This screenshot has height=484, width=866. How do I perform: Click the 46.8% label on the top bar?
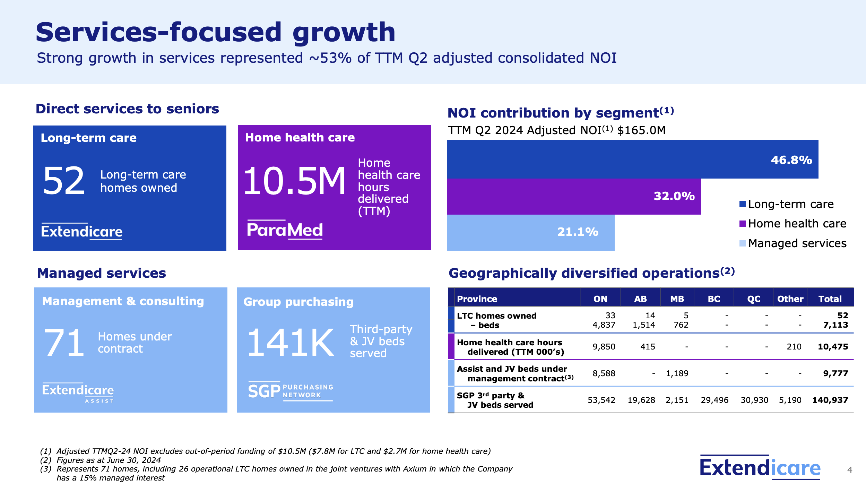click(791, 160)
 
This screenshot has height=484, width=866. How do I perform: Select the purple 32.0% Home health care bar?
click(574, 197)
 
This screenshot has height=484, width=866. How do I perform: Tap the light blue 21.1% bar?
click(530, 232)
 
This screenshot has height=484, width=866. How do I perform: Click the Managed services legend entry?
click(797, 243)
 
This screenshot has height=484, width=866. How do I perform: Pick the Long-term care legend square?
click(743, 204)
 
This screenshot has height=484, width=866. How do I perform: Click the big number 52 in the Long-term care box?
click(64, 181)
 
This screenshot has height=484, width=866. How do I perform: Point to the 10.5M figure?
click(295, 181)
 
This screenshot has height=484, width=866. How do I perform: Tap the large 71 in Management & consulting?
click(64, 343)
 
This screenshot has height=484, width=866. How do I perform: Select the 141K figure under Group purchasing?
click(291, 343)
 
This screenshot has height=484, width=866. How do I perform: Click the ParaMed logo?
click(285, 230)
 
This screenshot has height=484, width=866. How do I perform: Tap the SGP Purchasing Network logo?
click(291, 391)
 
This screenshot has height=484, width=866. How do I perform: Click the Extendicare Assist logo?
click(78, 392)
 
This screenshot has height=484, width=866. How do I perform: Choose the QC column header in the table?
click(754, 299)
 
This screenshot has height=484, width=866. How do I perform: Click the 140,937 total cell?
click(830, 400)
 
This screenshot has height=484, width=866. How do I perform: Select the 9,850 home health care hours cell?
click(604, 347)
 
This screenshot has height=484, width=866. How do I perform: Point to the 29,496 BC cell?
click(715, 400)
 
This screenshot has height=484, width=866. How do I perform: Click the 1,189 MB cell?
click(677, 373)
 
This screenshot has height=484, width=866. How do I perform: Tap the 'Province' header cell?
click(477, 299)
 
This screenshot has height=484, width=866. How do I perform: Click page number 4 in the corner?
click(850, 470)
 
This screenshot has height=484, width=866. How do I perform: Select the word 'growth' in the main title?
click(344, 32)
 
